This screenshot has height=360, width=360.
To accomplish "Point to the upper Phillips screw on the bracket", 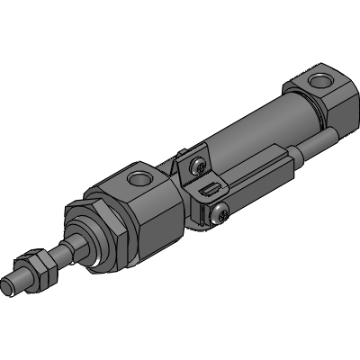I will tap(195, 166).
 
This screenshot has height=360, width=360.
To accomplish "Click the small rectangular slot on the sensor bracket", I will tap(208, 191).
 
